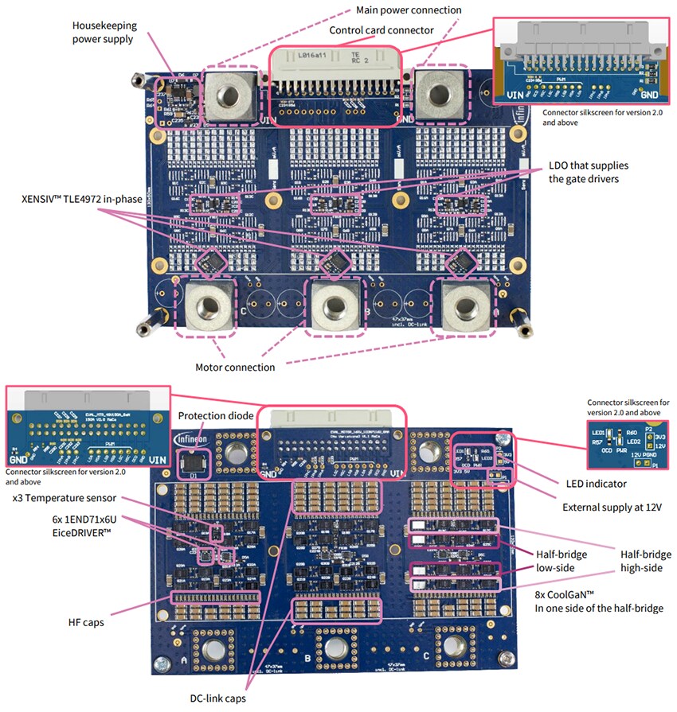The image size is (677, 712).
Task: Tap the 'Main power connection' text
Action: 409,10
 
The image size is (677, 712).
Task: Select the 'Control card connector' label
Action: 382,30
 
